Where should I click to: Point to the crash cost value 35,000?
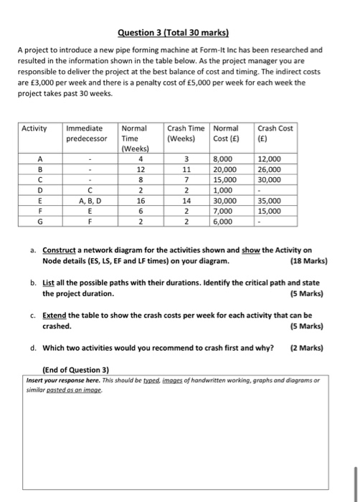click(x=273, y=202)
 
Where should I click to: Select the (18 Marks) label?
click(x=305, y=261)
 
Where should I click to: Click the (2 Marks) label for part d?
click(x=307, y=349)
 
